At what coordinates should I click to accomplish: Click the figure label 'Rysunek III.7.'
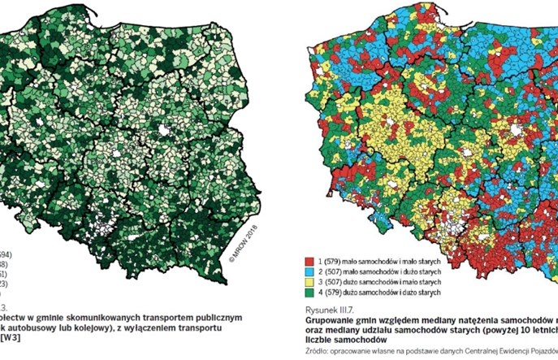pyautogui.click(x=325, y=310)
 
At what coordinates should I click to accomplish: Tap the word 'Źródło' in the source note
pyautogui.click(x=314, y=350)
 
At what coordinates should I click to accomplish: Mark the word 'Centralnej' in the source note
pyautogui.click(x=472, y=350)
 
